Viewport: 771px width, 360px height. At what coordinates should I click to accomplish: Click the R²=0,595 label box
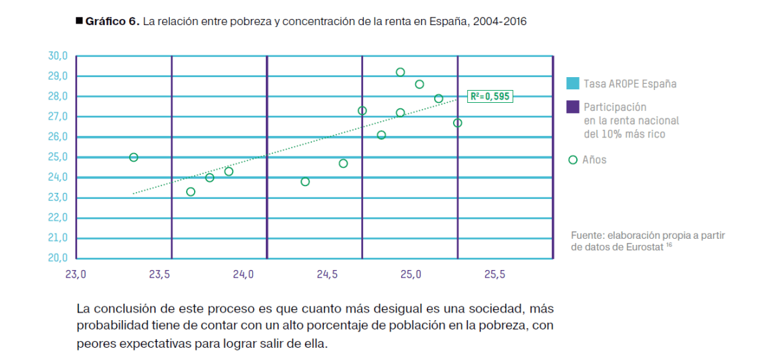490,96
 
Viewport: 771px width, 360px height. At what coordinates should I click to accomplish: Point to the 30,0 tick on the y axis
58,55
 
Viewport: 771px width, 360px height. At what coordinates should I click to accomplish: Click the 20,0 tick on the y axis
58,258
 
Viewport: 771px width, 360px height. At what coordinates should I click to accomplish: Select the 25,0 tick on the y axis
58,157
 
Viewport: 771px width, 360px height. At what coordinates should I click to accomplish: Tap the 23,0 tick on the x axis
75,275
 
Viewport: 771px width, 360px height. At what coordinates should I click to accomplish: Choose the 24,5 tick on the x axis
327,275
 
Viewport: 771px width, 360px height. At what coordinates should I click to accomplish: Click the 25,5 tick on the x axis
494,275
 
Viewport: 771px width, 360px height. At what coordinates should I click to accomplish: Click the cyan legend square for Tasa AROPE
572,84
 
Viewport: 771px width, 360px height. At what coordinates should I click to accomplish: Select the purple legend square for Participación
572,107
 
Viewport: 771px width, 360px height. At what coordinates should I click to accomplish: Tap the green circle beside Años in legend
573,160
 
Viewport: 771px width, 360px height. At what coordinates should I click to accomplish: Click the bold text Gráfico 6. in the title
112,22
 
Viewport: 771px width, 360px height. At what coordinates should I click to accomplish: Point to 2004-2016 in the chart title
502,22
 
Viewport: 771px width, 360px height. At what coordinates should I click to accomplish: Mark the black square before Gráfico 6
79,22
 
